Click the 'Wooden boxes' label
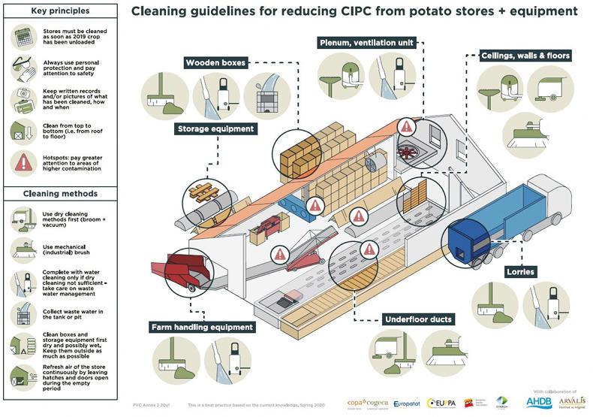click(x=215, y=63)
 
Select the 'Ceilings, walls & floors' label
click(x=525, y=56)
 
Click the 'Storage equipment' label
click(x=216, y=128)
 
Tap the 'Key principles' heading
click(x=59, y=12)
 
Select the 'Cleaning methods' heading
click(x=59, y=193)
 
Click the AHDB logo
click(x=538, y=403)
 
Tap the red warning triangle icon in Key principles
click(x=23, y=161)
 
